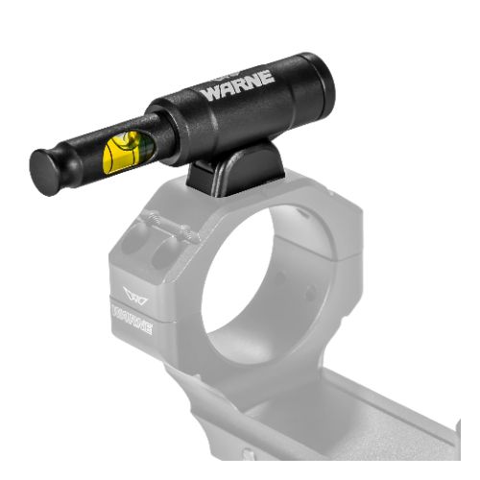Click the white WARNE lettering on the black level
tap(238, 84)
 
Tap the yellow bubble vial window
tap(128, 152)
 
